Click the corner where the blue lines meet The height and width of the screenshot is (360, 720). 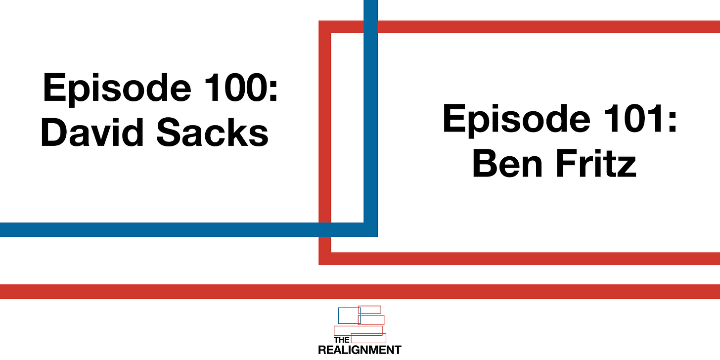[x=371, y=229]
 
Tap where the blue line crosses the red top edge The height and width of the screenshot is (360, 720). [x=371, y=27]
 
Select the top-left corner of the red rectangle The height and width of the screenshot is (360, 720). [x=325, y=27]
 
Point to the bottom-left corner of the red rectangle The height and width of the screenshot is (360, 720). [x=325, y=259]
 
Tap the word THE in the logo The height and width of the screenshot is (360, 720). [x=341, y=340]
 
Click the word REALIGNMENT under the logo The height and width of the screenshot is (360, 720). [x=360, y=350]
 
